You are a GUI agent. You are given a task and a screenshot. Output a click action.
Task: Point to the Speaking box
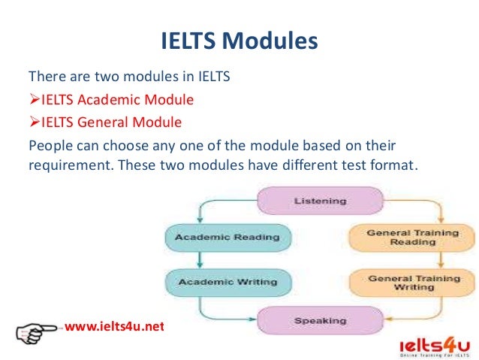pyautogui.click(x=309, y=321)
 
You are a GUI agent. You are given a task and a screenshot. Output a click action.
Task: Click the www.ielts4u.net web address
pyautogui.click(x=114, y=327)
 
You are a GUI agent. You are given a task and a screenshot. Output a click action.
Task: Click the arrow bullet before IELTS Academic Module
pyautogui.click(x=34, y=99)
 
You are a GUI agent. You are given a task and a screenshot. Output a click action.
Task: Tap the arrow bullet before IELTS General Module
pyautogui.click(x=34, y=121)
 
